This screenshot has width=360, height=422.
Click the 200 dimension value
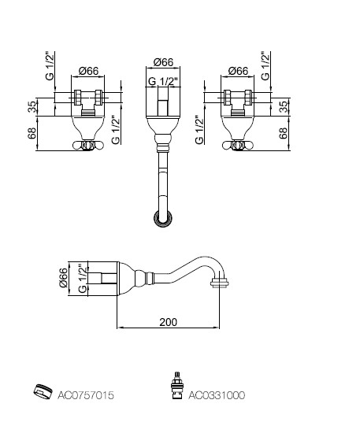click(x=169, y=322)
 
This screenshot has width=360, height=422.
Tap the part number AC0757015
click(x=86, y=395)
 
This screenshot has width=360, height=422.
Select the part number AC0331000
click(x=217, y=395)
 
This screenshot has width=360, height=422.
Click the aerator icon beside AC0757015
click(x=43, y=392)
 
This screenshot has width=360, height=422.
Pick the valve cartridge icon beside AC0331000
click(x=177, y=386)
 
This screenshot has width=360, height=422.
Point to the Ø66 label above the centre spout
click(x=163, y=62)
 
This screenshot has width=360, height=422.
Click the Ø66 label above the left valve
click(x=88, y=71)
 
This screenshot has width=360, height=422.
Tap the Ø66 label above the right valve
click(x=238, y=71)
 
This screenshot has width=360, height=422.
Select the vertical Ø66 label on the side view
click(x=64, y=277)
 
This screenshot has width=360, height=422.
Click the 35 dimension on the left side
click(x=32, y=107)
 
